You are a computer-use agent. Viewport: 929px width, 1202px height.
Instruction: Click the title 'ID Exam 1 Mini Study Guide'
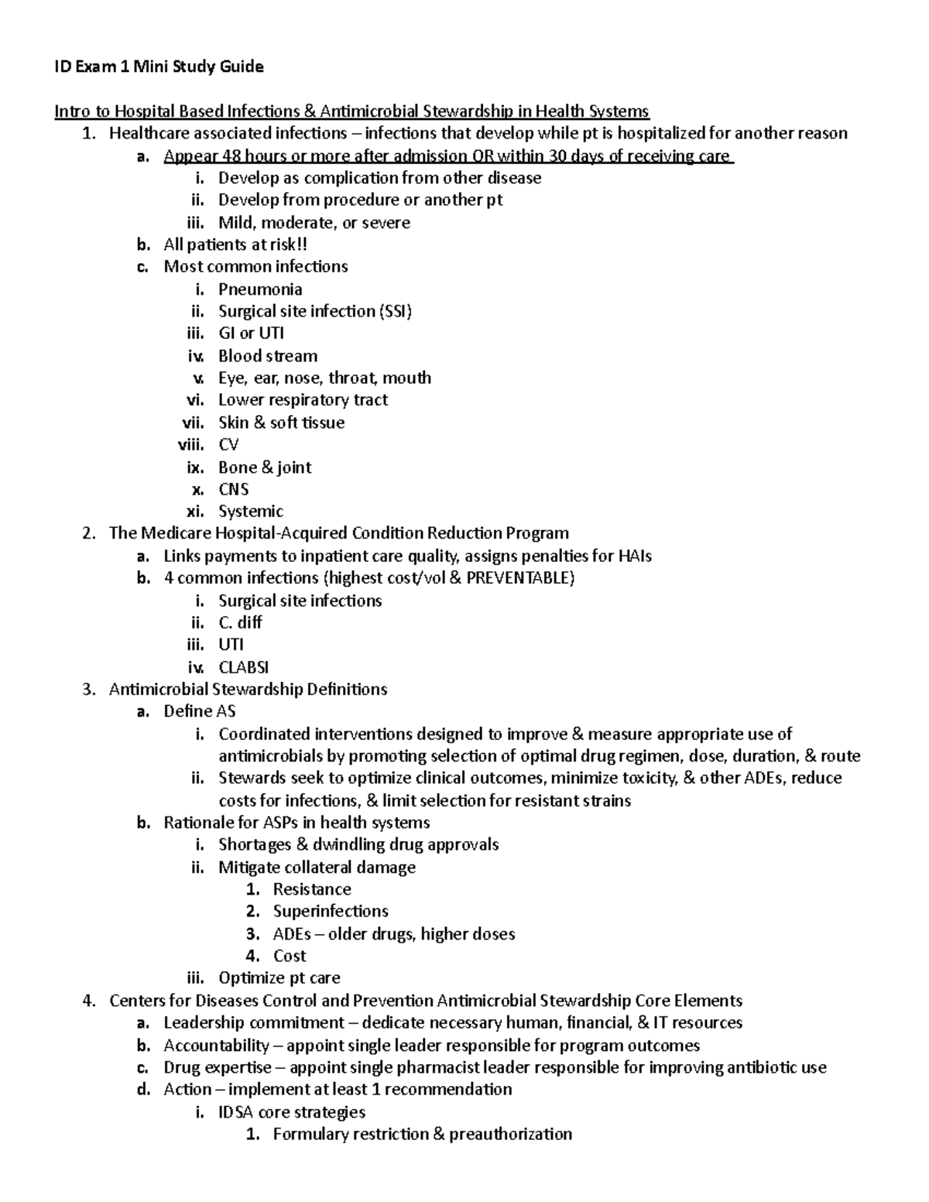point(159,67)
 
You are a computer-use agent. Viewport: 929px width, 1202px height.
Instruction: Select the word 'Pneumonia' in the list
point(260,289)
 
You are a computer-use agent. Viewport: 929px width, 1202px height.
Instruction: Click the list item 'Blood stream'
point(268,356)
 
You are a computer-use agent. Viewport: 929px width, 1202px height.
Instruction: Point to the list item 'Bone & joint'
point(265,467)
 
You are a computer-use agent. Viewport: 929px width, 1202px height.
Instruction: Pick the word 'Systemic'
point(251,512)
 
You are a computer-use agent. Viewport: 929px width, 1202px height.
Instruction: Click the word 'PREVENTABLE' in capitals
point(520,578)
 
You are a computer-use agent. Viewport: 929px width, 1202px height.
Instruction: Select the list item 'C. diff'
point(240,622)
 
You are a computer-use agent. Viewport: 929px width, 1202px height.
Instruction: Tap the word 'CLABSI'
point(244,667)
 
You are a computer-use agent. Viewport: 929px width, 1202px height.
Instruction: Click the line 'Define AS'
point(200,711)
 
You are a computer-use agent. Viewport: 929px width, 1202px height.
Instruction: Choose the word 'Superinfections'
point(331,911)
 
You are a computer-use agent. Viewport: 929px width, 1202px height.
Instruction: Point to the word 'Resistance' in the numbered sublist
point(312,889)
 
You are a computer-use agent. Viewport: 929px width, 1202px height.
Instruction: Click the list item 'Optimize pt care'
point(279,978)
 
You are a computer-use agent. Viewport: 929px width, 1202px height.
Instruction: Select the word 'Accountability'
point(216,1046)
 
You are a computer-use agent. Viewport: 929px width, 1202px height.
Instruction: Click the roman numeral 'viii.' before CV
point(191,445)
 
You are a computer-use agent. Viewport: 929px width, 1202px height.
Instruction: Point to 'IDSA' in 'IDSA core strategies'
point(236,1112)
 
